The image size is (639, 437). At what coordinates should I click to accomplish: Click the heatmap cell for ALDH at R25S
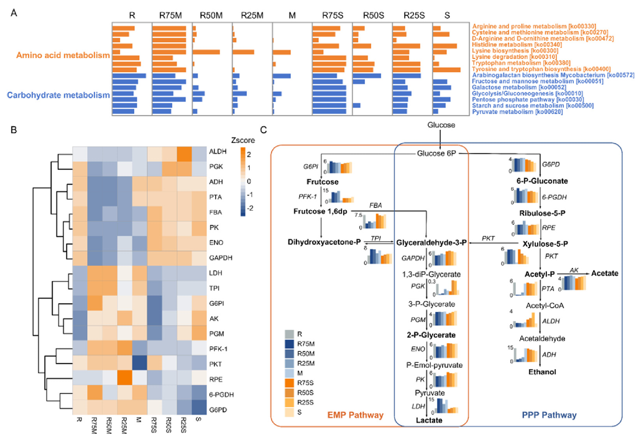point(185,152)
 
